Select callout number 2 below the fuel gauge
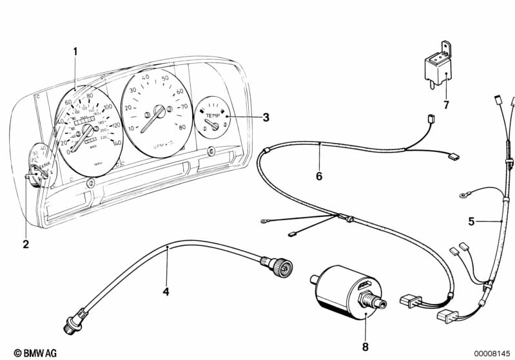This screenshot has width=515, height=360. tap(25, 244)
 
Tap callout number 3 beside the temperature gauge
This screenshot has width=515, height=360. tap(265, 117)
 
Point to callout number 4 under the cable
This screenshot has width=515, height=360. tap(166, 292)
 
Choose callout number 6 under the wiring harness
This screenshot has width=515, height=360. tap(318, 176)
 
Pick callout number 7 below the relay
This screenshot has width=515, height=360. tap(445, 105)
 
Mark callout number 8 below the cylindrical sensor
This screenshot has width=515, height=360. tap(365, 347)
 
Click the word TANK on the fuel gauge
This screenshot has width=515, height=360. tap(44, 167)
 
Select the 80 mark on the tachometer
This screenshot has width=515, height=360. tap(182, 127)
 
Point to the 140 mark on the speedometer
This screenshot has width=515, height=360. tap(116, 142)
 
